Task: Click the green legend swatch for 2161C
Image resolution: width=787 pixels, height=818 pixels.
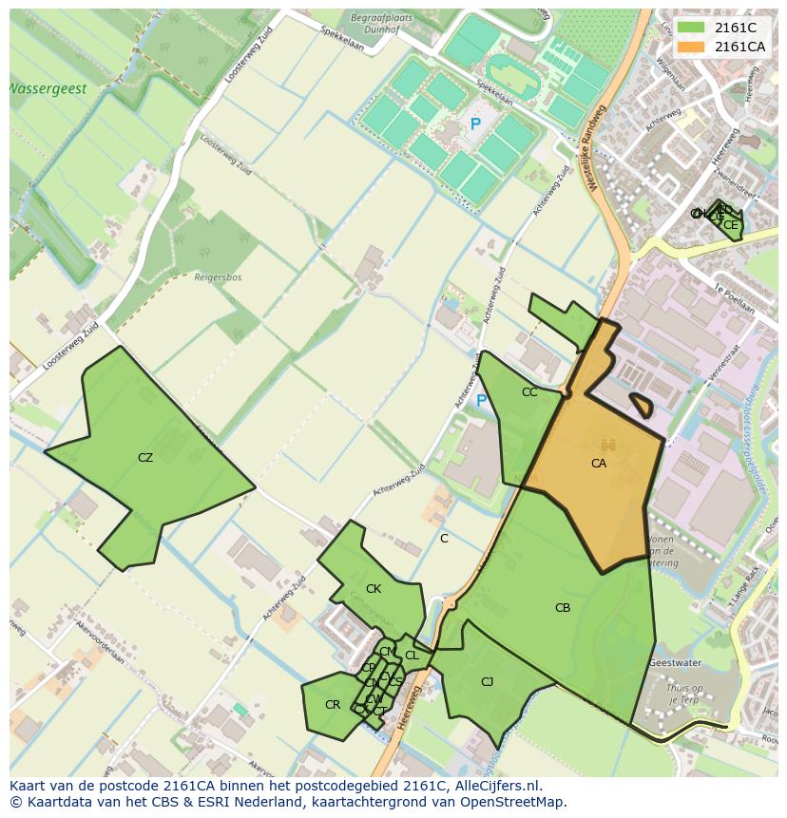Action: (691, 29)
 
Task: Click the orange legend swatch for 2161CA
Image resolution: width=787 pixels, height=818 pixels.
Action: (691, 47)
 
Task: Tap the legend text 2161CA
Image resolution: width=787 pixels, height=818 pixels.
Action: (739, 47)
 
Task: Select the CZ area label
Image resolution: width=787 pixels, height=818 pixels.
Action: (145, 458)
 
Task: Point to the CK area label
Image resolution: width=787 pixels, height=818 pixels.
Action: (374, 589)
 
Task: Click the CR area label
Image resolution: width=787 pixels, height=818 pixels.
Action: (333, 705)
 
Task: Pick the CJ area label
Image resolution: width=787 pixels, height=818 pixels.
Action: (488, 681)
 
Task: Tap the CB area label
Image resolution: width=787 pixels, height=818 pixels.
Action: (563, 608)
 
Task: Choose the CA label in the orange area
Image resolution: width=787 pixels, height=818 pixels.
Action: (599, 464)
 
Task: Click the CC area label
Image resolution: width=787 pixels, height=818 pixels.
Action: (529, 392)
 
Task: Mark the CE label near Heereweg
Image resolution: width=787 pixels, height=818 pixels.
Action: (730, 225)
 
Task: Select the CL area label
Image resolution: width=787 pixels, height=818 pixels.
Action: (412, 656)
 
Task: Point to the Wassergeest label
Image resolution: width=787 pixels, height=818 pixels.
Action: (48, 89)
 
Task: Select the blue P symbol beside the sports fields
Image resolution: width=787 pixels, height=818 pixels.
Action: (475, 124)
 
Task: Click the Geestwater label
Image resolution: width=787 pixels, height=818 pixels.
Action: (674, 662)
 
